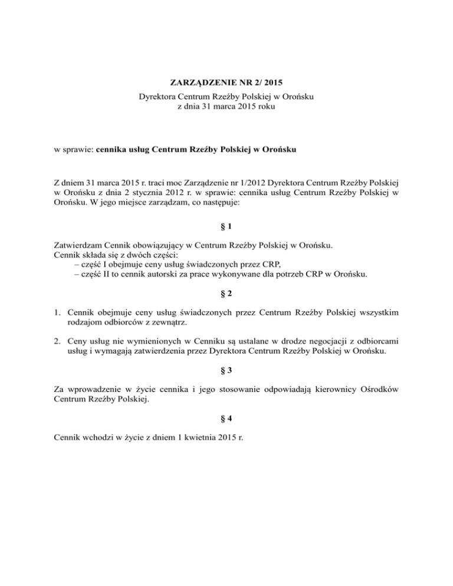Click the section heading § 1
pos(226,229)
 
